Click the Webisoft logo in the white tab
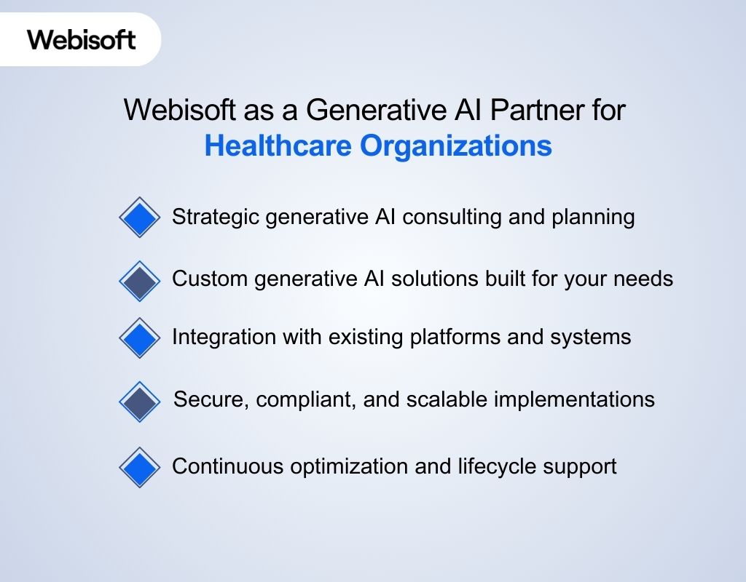point(82,39)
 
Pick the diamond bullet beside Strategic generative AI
point(139,217)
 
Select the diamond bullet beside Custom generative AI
point(139,279)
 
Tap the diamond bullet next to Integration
point(139,338)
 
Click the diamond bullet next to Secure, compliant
point(139,400)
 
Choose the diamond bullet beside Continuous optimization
point(139,466)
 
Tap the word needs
point(647,279)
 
